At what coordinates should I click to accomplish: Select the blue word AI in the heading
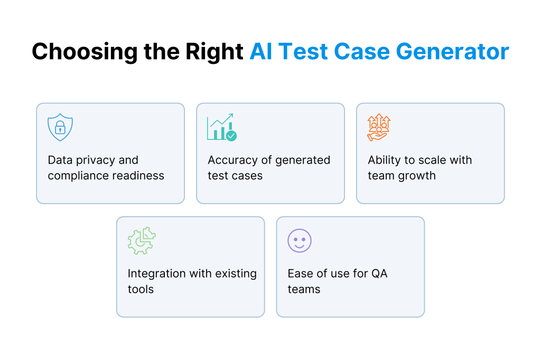[262, 52]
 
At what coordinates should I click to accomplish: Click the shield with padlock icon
[60, 128]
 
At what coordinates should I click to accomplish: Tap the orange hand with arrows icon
[378, 128]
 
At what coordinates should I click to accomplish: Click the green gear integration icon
[142, 241]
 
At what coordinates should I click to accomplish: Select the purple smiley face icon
[300, 241]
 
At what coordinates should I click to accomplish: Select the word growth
[417, 176]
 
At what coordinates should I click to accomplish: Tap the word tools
[141, 289]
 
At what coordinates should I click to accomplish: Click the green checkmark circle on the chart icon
[231, 136]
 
